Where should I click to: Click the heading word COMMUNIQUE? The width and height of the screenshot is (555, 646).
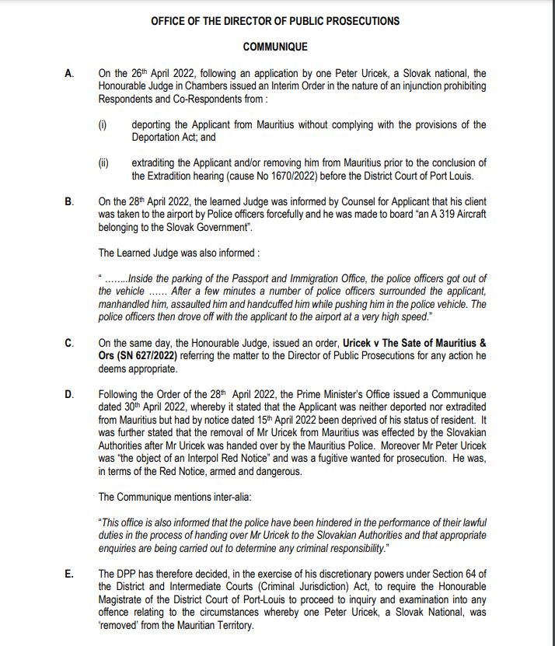[x=275, y=47]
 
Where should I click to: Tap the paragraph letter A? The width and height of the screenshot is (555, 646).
[x=69, y=74]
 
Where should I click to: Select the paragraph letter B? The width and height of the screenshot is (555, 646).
[x=69, y=201]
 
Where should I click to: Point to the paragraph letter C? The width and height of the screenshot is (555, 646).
[x=69, y=343]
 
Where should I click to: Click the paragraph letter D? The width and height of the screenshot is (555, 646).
[x=69, y=394]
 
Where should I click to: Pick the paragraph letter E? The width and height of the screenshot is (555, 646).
[x=69, y=574]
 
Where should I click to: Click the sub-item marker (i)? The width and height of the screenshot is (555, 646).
[x=103, y=124]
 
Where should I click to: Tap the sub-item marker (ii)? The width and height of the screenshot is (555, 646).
[x=103, y=162]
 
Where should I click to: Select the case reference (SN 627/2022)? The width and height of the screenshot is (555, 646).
[x=141, y=356]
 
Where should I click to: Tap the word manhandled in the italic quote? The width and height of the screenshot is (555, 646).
[x=123, y=304]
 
